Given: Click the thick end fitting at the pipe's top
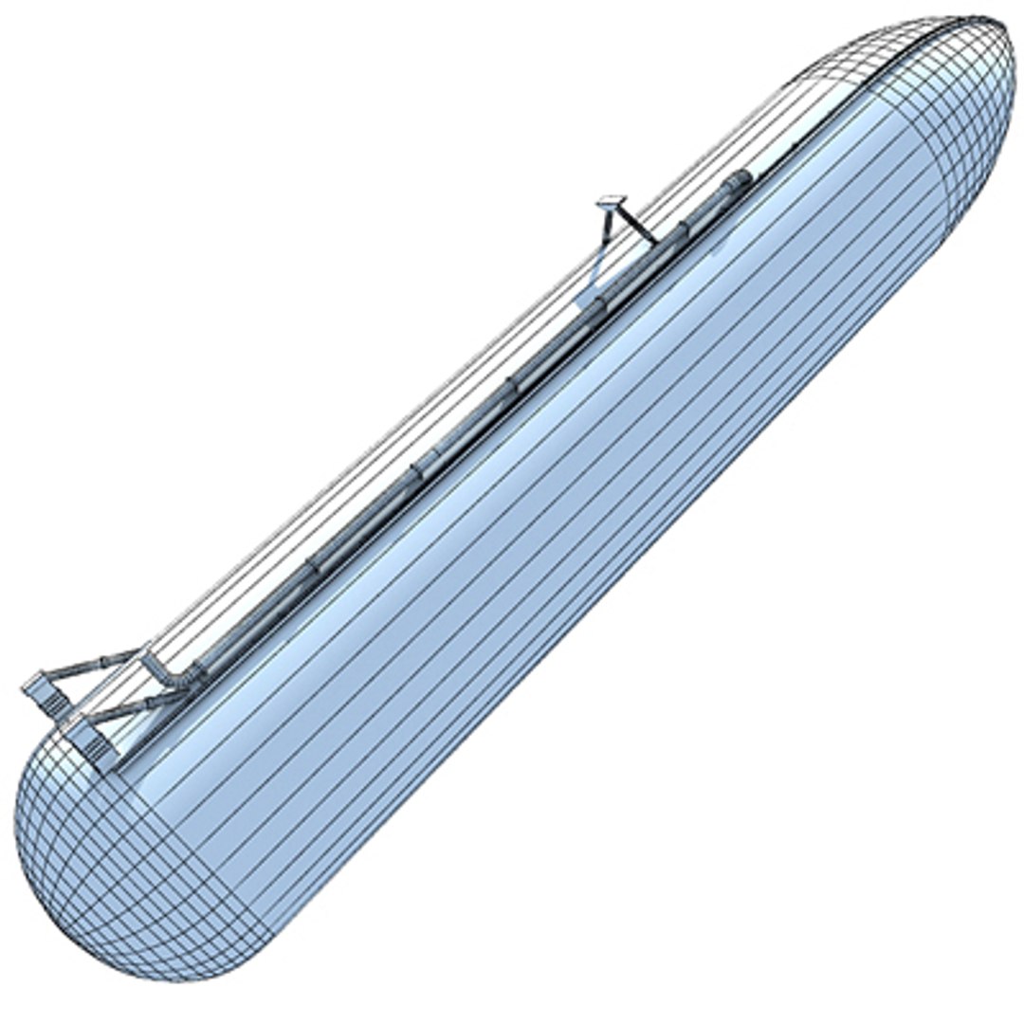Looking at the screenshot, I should click(x=738, y=181).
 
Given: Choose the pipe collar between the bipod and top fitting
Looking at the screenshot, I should click(x=682, y=229).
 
